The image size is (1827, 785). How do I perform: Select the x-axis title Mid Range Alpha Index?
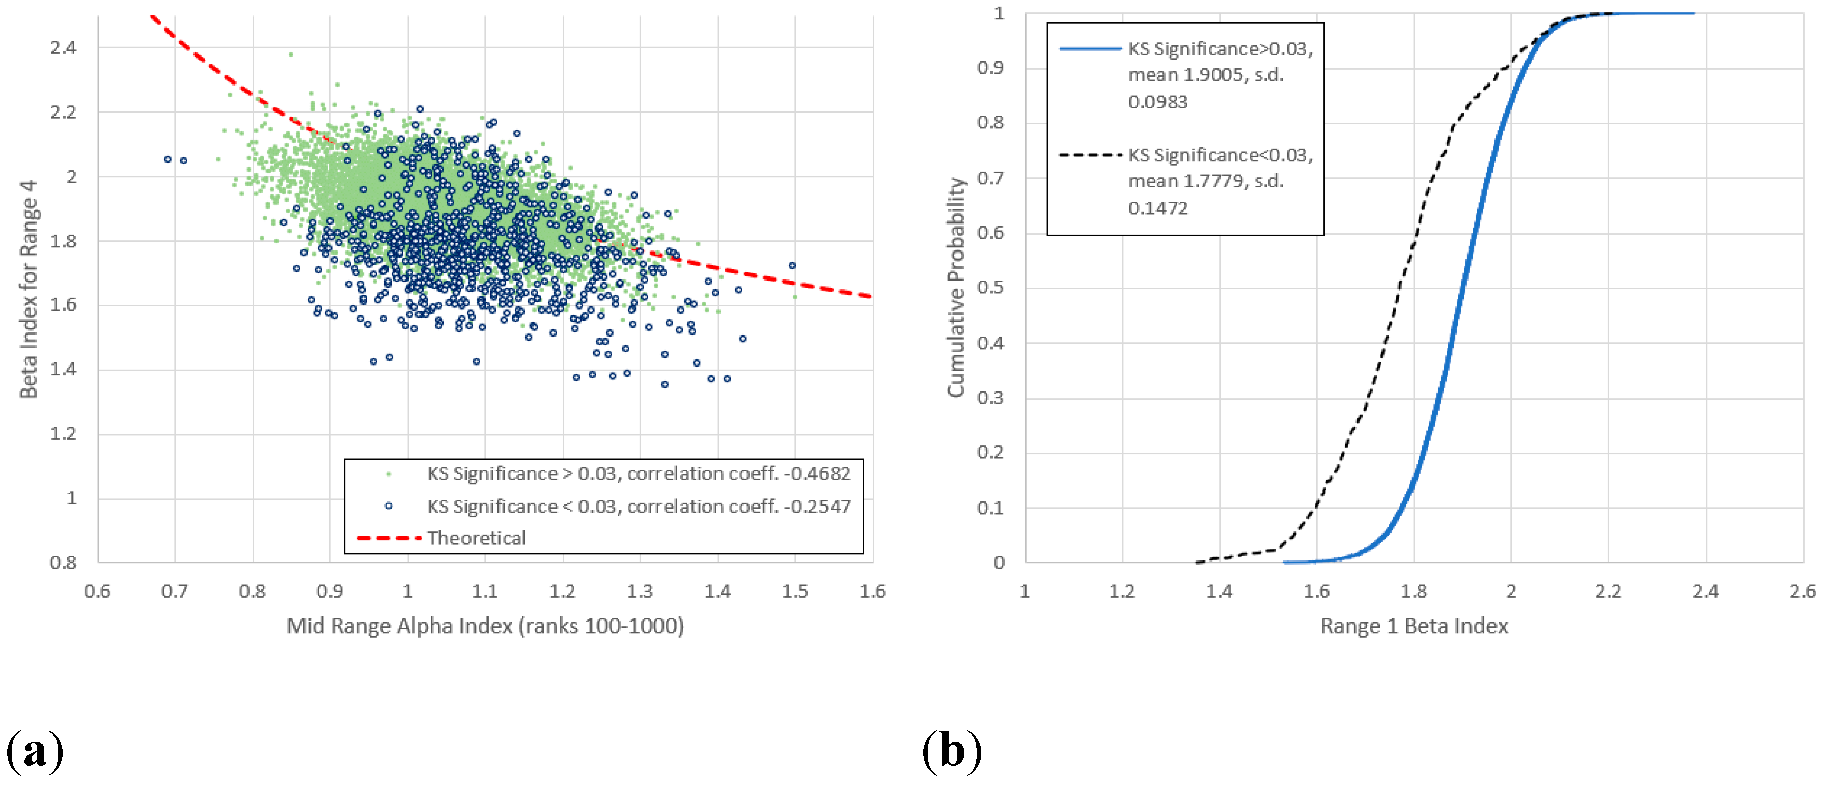pyautogui.click(x=484, y=626)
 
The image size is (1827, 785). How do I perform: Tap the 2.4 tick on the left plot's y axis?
pyautogui.click(x=63, y=47)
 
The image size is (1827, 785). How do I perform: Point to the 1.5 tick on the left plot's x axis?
pyautogui.click(x=794, y=591)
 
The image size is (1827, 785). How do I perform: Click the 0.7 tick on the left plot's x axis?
pyautogui.click(x=175, y=591)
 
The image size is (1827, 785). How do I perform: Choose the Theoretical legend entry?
pyautogui.click(x=476, y=538)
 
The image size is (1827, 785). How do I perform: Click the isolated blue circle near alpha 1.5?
pyautogui.click(x=792, y=265)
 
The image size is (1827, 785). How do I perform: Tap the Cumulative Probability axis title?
pyautogui.click(x=956, y=287)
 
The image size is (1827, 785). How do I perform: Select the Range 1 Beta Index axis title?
pyautogui.click(x=1414, y=626)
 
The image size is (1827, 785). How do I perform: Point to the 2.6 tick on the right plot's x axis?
pyautogui.click(x=1802, y=591)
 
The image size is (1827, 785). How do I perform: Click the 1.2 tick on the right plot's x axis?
pyautogui.click(x=1121, y=591)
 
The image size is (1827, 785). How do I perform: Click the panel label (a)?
pyautogui.click(x=34, y=750)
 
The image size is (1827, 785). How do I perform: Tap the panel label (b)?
pyautogui.click(x=952, y=750)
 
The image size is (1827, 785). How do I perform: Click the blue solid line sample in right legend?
pyautogui.click(x=1090, y=49)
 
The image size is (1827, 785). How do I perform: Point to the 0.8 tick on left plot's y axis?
pyautogui.click(x=63, y=563)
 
